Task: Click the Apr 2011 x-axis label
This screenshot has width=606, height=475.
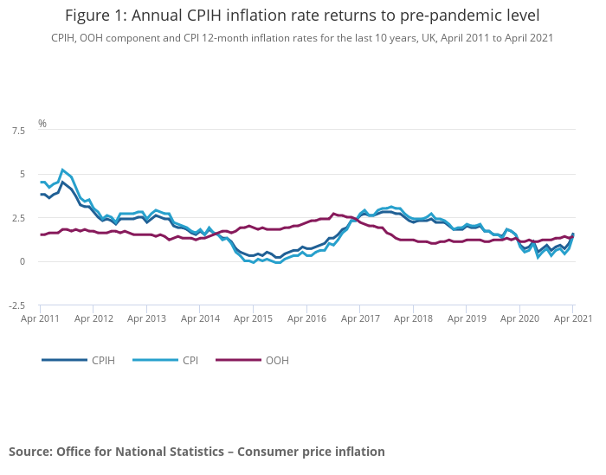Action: point(41,318)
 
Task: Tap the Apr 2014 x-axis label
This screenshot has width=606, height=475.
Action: point(200,318)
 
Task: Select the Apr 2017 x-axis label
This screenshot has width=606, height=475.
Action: point(360,318)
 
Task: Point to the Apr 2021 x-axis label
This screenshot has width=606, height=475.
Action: point(572,318)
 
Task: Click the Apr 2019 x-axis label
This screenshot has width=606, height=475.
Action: point(467,318)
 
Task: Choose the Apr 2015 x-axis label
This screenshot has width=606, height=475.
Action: point(254,318)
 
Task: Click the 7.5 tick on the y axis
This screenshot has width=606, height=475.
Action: point(18,131)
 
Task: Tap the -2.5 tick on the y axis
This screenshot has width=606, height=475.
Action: point(16,305)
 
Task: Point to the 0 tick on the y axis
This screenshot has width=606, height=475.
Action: point(23,261)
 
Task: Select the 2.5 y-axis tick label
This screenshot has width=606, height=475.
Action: point(18,218)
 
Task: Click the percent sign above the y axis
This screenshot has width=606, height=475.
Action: point(42,124)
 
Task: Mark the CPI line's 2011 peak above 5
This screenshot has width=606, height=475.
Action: point(62,170)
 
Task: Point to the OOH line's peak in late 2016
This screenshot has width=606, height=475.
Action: point(333,213)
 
